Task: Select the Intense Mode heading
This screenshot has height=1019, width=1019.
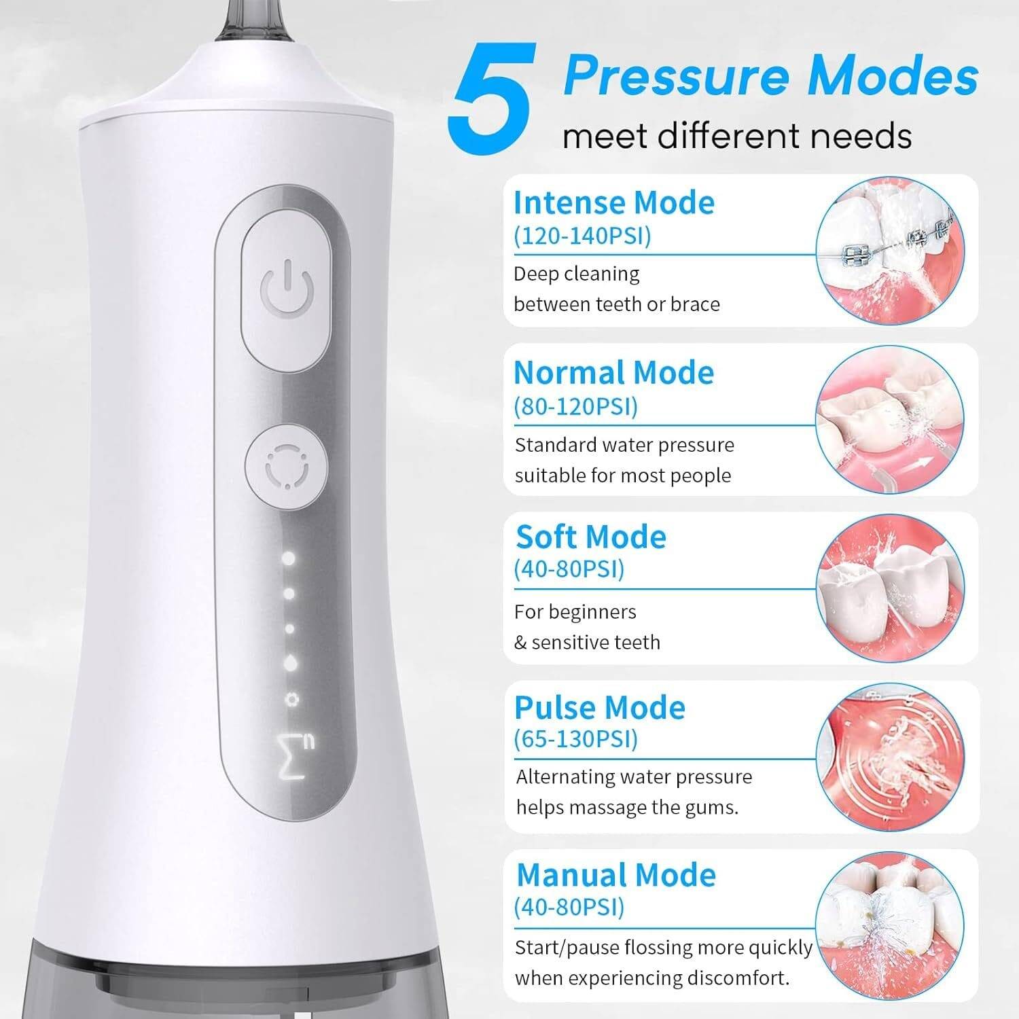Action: pos(613,202)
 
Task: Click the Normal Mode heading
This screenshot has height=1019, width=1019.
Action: pos(613,372)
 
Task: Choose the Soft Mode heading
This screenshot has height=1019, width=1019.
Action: pos(590,537)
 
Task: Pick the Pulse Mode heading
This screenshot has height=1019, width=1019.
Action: pos(599,707)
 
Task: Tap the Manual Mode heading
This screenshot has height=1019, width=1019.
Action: pos(615,875)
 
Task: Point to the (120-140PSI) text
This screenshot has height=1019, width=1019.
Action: pos(582,236)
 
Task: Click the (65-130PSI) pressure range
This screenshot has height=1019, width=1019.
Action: pos(575,738)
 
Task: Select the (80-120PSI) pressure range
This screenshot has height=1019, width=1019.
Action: pos(575,406)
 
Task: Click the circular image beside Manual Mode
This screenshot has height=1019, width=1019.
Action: pos(890,927)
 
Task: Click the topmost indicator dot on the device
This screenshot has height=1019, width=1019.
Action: pos(289,558)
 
